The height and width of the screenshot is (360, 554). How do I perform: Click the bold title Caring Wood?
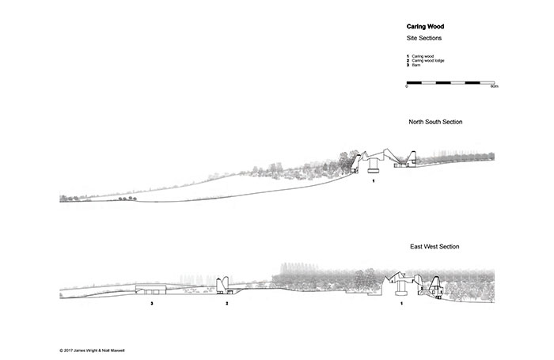pyautogui.click(x=424, y=26)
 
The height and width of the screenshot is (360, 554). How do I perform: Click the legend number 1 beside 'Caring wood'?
pyautogui.click(x=408, y=56)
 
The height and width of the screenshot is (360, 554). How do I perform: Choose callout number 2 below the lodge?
pyautogui.click(x=226, y=303)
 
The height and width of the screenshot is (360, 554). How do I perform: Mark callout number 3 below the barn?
pyautogui.click(x=151, y=303)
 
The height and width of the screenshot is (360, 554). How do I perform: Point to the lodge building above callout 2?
pyautogui.click(x=225, y=283)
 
